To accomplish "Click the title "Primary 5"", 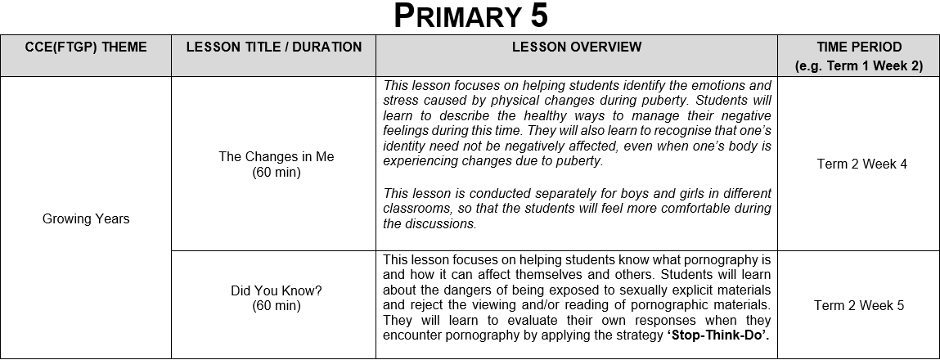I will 470,16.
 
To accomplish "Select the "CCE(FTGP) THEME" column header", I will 85,47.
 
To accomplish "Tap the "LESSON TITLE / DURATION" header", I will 274,47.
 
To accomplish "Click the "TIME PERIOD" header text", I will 859,47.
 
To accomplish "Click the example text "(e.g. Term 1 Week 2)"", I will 859,66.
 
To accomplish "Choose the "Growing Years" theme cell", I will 85,218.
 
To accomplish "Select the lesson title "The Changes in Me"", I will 277,157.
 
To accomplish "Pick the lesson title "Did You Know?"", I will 277,290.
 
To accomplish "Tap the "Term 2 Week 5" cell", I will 859,305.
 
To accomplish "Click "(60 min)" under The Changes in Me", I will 277,173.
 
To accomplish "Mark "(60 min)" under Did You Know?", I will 277,306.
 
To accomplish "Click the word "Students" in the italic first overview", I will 708,101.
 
